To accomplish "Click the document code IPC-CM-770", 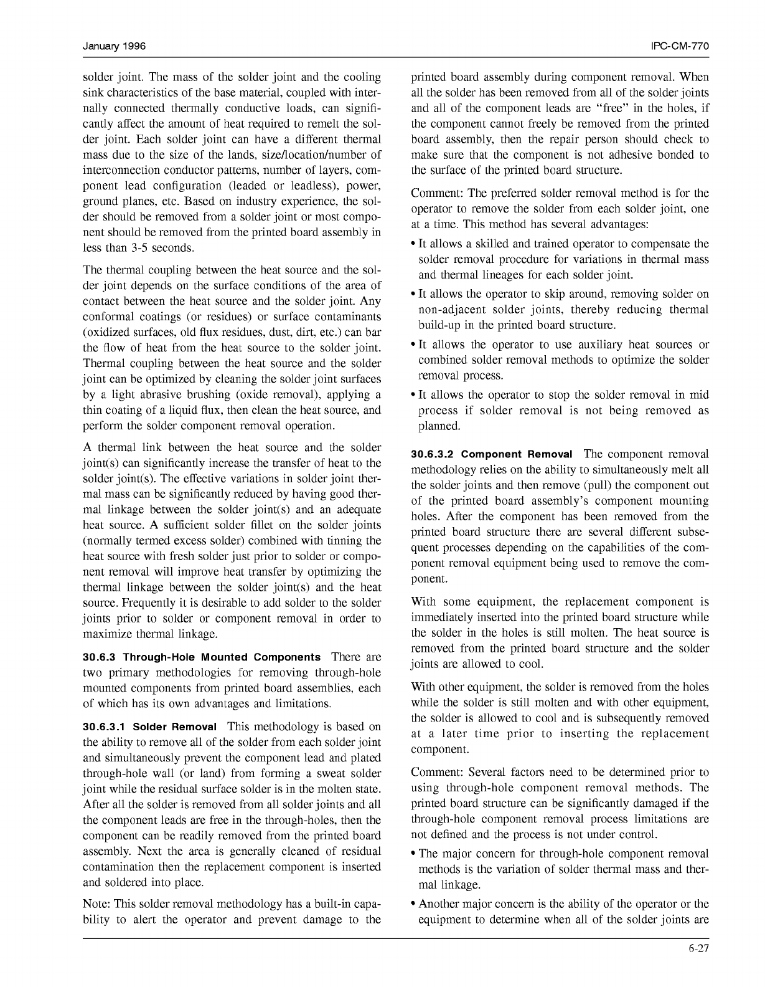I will coord(680,47).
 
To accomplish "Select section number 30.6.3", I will coord(100,657).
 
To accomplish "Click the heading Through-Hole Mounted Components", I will coord(222,657).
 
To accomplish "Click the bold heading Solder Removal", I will coord(176,727).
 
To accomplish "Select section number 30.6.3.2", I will coord(433,455).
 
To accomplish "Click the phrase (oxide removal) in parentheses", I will coord(283,395).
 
